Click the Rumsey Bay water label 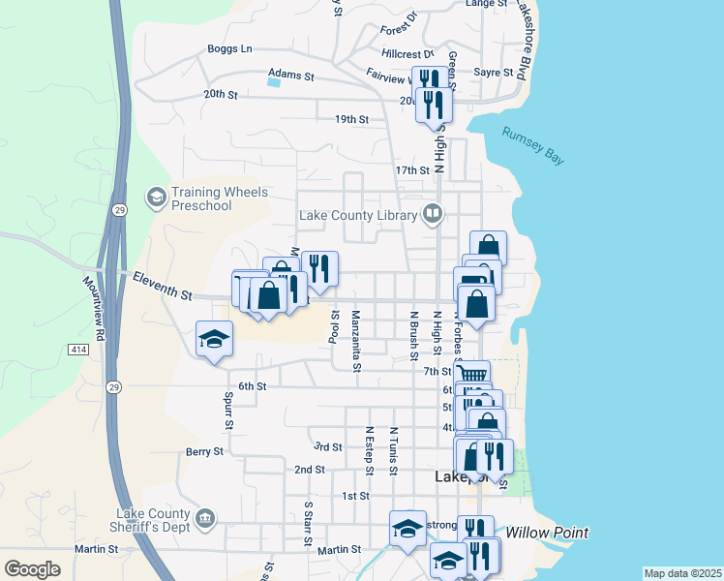click(532, 146)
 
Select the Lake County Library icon click(433, 214)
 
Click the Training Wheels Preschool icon click(155, 199)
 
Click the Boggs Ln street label click(229, 48)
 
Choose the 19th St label click(351, 119)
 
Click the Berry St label click(204, 451)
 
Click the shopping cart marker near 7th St click(472, 375)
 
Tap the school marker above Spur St click(214, 339)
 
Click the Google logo click(32, 569)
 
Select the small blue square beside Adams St click(274, 82)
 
